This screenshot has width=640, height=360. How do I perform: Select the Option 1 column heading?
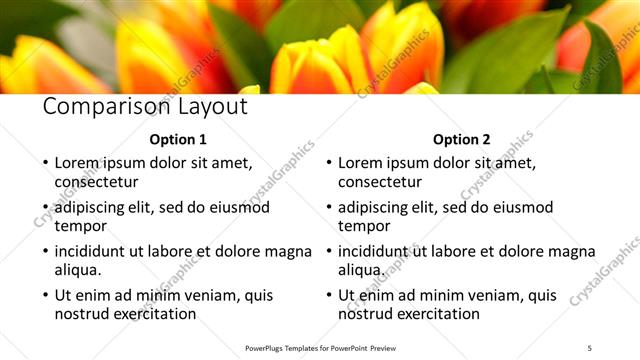coord(178,139)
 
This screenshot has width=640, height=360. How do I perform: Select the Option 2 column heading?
coord(462,139)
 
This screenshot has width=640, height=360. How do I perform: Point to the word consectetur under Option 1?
coord(96,181)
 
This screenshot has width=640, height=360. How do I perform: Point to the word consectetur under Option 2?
coord(380,181)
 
